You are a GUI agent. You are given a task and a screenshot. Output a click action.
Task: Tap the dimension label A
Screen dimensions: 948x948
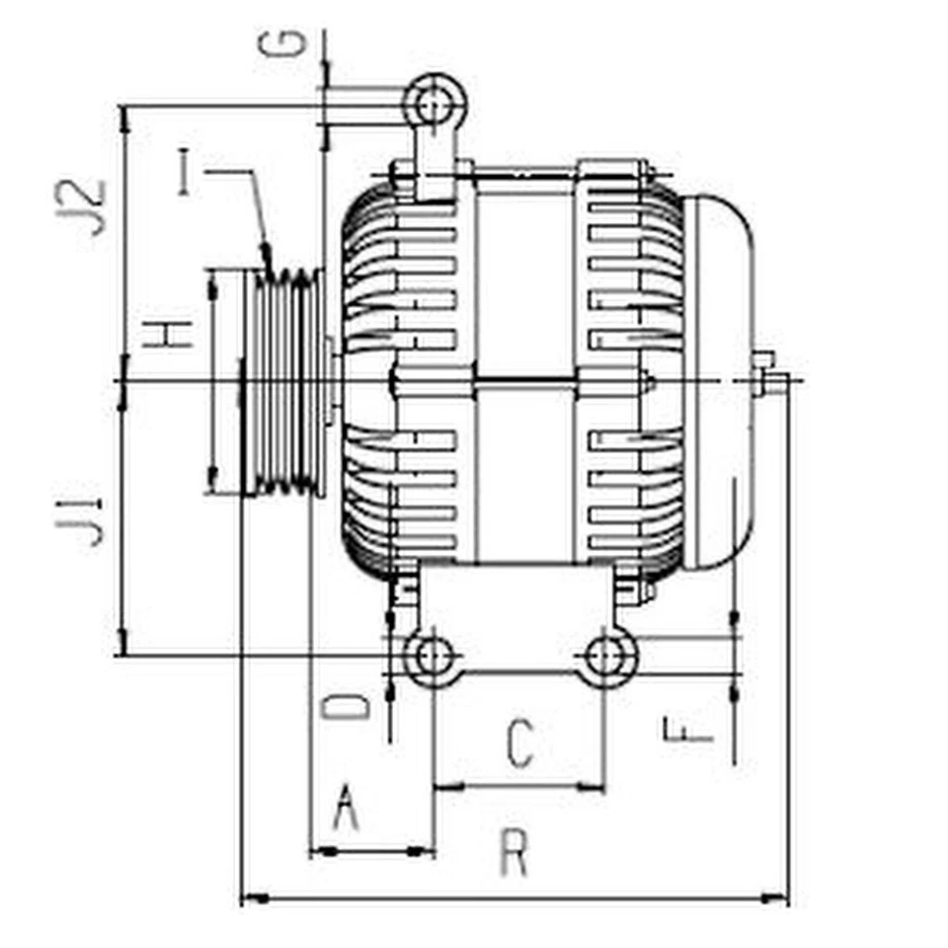coord(345,809)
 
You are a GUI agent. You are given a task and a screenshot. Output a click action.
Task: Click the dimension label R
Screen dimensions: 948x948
coord(513,854)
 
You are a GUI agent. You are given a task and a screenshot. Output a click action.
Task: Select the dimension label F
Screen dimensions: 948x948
coord(687,731)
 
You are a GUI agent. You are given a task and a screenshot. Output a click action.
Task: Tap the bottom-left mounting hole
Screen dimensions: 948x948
coord(432,655)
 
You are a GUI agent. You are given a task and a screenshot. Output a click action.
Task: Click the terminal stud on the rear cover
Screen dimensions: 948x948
coord(768,376)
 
